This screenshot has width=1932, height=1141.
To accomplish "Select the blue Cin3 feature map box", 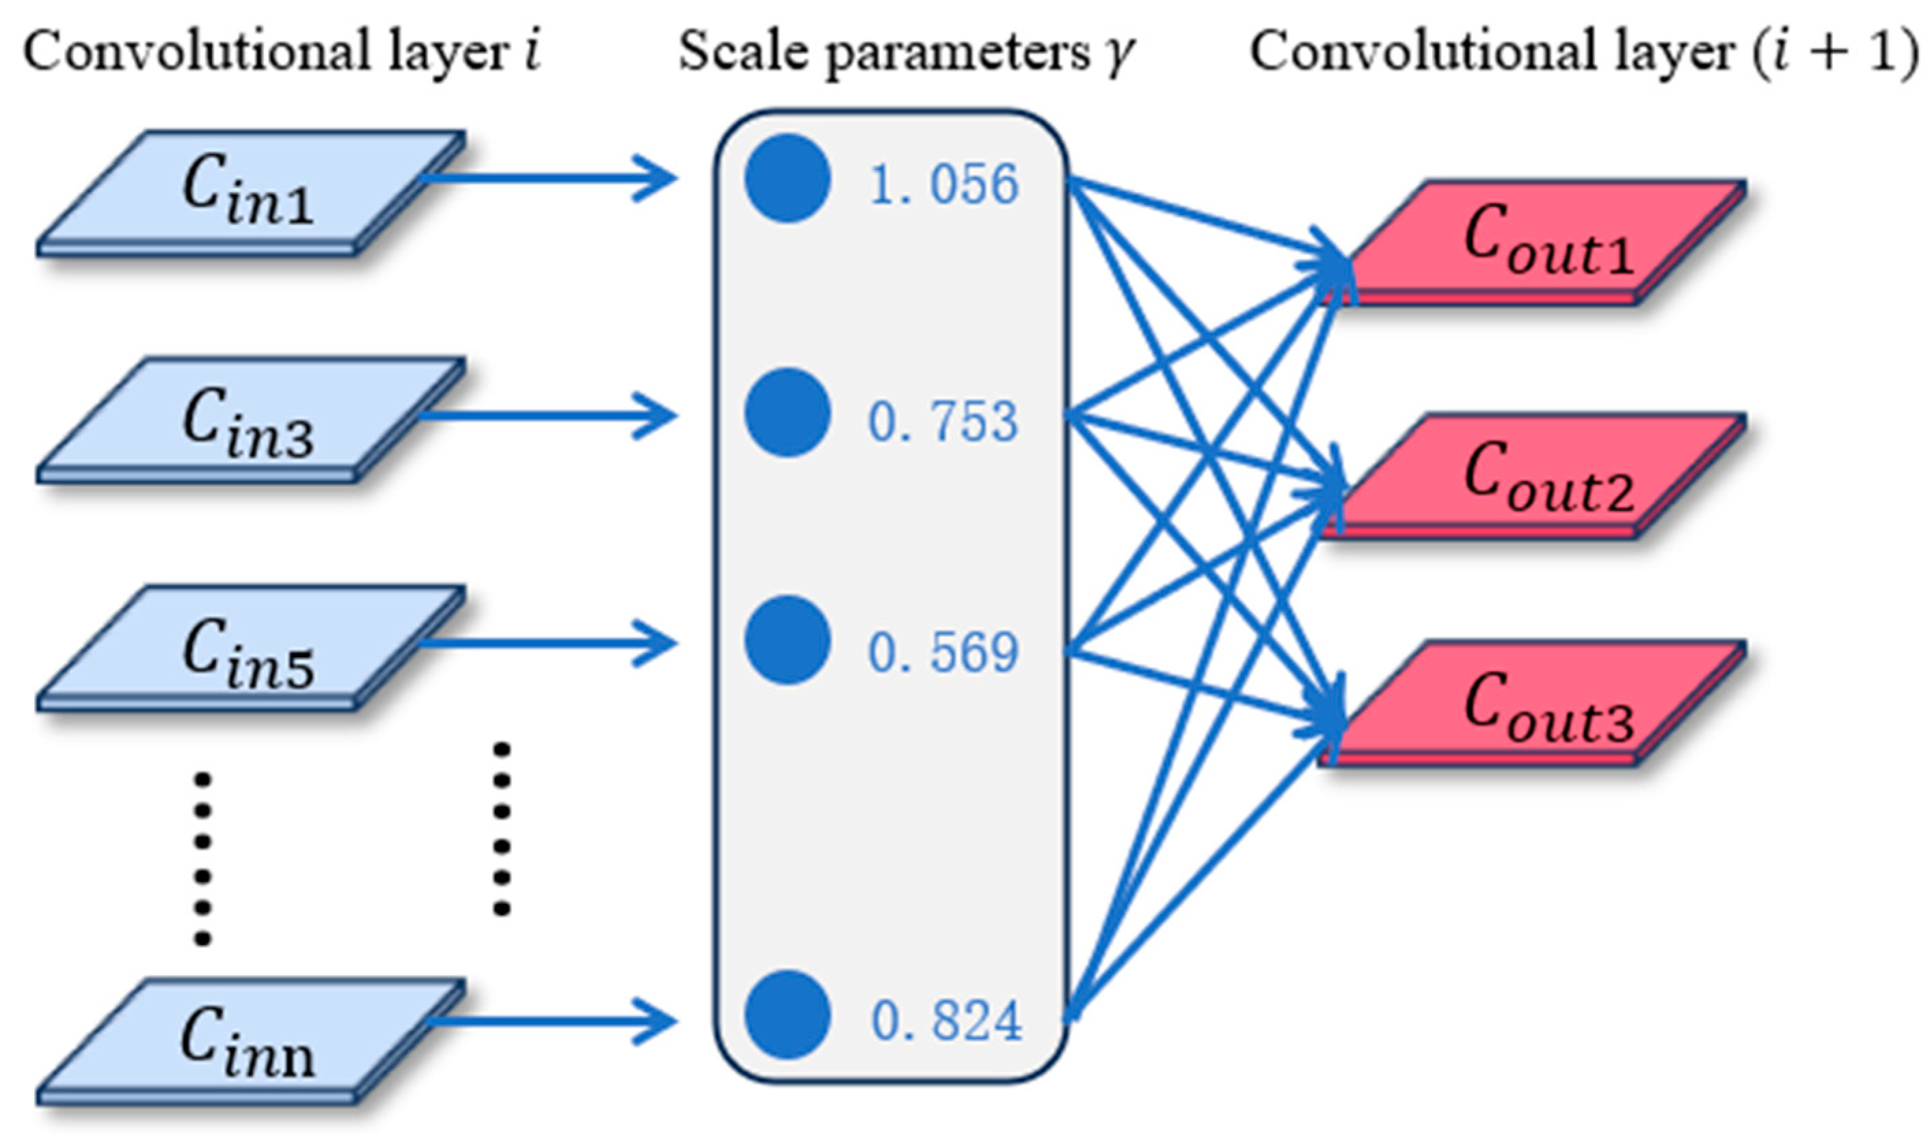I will click(250, 422).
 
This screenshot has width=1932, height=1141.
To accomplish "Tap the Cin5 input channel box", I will click(250, 650).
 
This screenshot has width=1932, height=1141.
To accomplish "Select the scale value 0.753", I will click(943, 422).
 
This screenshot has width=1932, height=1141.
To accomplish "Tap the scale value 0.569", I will click(943, 652).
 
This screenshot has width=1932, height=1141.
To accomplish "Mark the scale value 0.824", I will click(946, 1021).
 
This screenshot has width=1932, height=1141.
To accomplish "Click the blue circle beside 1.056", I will click(788, 178).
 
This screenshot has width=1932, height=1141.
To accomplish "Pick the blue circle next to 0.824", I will click(788, 1015).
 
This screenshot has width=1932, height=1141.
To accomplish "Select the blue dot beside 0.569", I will click(788, 640).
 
